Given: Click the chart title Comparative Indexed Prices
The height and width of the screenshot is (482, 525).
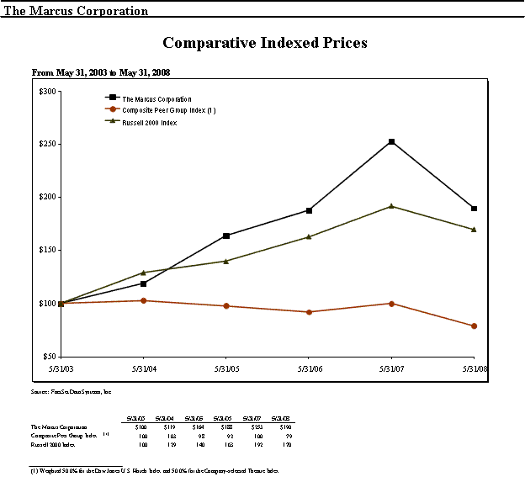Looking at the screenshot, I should coord(264,43).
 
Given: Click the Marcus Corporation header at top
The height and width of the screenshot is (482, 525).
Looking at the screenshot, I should coord(77,11).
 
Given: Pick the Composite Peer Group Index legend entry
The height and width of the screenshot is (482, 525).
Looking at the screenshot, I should coord(168,110).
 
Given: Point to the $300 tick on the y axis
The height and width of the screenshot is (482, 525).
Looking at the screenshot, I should coord(48,91).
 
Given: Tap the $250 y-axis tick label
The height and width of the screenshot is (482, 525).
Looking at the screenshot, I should coord(48,144).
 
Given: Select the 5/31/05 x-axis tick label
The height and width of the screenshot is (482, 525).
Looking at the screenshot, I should coord(225,368).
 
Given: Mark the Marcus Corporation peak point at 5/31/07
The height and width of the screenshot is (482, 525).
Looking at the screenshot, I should coord(391,141).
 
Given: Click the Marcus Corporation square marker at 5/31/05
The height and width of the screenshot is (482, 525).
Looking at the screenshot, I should coord(225,236).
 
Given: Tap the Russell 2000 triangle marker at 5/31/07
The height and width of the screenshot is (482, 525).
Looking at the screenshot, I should coord(391,206).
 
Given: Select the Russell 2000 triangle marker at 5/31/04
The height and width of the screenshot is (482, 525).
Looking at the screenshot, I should coord(143,273).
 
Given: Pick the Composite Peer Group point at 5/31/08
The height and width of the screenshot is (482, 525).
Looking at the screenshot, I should coord(475,326).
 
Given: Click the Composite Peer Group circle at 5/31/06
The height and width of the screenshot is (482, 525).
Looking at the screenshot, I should coord(309,312).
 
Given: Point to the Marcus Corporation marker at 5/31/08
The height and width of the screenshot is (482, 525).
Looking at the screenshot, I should coord(475,209).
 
